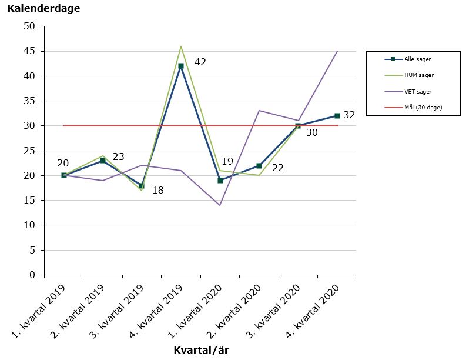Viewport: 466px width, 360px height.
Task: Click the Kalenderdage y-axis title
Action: tap(43, 9)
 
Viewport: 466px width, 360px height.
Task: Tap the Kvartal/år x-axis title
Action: tap(201, 350)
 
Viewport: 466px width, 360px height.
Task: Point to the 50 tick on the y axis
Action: tap(29, 26)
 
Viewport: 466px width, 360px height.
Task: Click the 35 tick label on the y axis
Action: tap(29, 101)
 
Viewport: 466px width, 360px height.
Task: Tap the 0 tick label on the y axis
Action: tap(32, 275)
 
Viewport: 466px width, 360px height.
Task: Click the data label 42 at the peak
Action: tap(200, 62)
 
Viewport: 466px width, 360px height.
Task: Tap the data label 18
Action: tap(157, 190)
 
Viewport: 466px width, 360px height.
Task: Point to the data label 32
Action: tap(349, 115)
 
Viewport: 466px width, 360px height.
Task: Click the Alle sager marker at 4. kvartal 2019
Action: tap(181, 66)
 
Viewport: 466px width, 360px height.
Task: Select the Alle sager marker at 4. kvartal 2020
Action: tap(337, 116)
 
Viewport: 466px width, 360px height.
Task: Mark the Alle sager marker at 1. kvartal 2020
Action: tap(220, 181)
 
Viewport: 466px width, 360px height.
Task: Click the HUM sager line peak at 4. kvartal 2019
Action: tap(181, 46)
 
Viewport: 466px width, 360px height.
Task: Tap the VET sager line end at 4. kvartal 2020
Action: tap(337, 51)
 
